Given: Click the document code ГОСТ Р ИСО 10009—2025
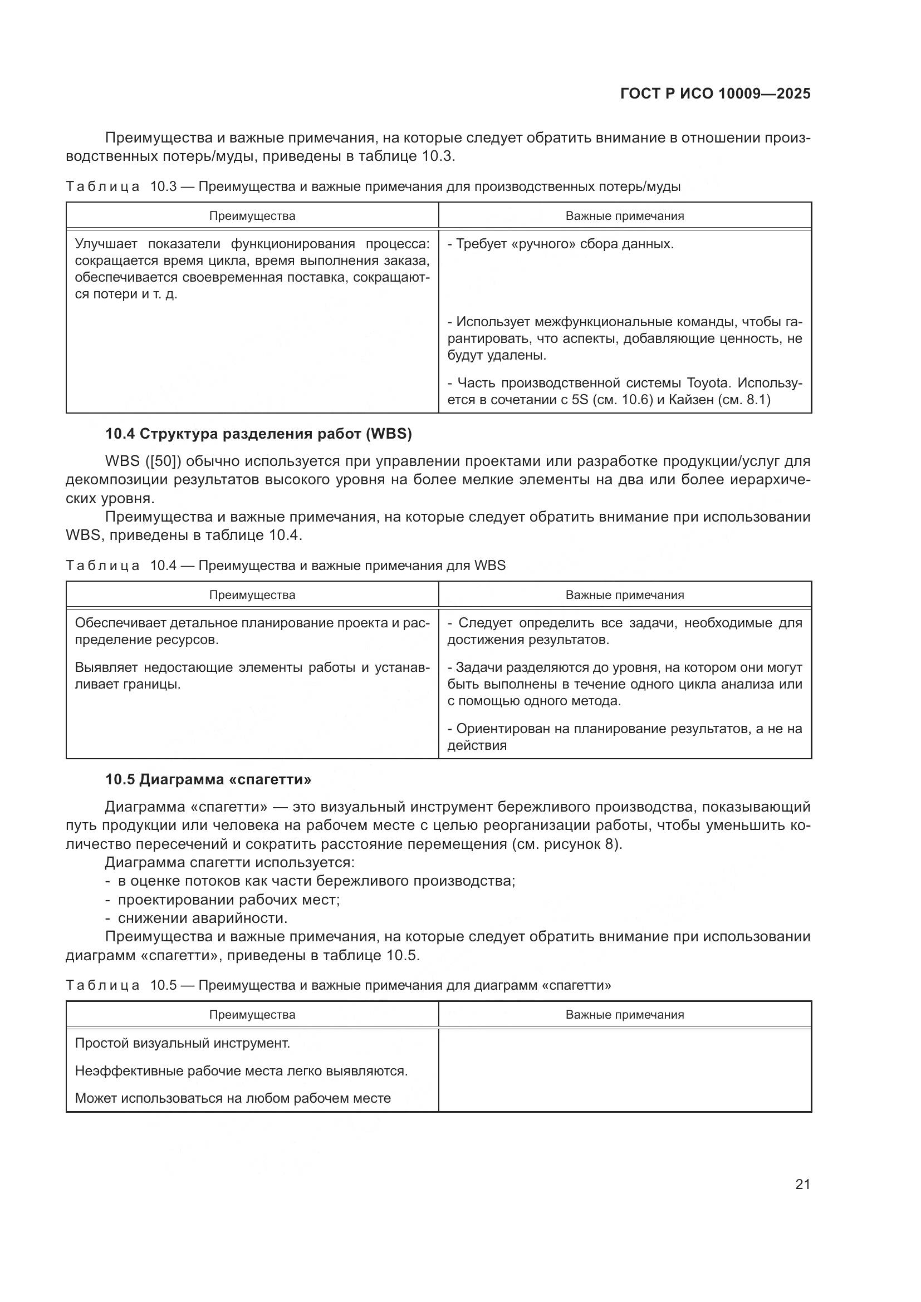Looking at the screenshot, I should click(715, 94).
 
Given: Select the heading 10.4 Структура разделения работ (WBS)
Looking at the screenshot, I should click(258, 434).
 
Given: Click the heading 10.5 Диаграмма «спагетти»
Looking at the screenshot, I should click(208, 780).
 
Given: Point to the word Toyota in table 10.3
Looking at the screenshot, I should click(708, 384).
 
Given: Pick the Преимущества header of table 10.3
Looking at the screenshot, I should click(252, 216).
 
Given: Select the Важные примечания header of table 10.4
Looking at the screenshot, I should click(624, 595).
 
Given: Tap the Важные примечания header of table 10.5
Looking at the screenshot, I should click(624, 1015).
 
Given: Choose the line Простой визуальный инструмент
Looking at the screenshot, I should click(183, 1043).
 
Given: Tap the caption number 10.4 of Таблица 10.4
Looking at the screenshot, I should click(163, 566).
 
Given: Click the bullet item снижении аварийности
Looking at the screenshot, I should click(203, 918).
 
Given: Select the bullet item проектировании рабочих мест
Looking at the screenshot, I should click(228, 900).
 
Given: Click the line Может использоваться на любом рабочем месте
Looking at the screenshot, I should click(233, 1098).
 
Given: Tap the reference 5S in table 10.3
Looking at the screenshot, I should click(579, 400).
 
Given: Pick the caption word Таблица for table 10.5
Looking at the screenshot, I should click(102, 985).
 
